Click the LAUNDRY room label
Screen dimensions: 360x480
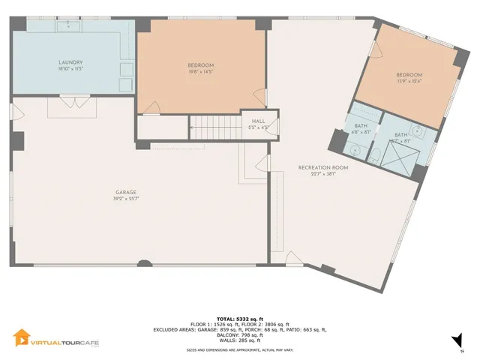click(x=70, y=62)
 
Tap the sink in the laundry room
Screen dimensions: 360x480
click(x=72, y=25)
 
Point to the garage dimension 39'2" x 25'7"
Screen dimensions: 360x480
click(x=125, y=199)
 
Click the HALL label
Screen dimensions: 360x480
click(x=258, y=121)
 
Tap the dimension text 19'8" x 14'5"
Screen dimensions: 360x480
click(x=200, y=72)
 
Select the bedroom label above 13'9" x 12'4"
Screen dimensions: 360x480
click(x=409, y=75)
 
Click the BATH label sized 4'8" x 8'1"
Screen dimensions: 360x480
click(x=361, y=125)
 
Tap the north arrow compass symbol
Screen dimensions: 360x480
click(x=457, y=344)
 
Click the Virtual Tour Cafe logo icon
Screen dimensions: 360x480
click(x=22, y=339)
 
